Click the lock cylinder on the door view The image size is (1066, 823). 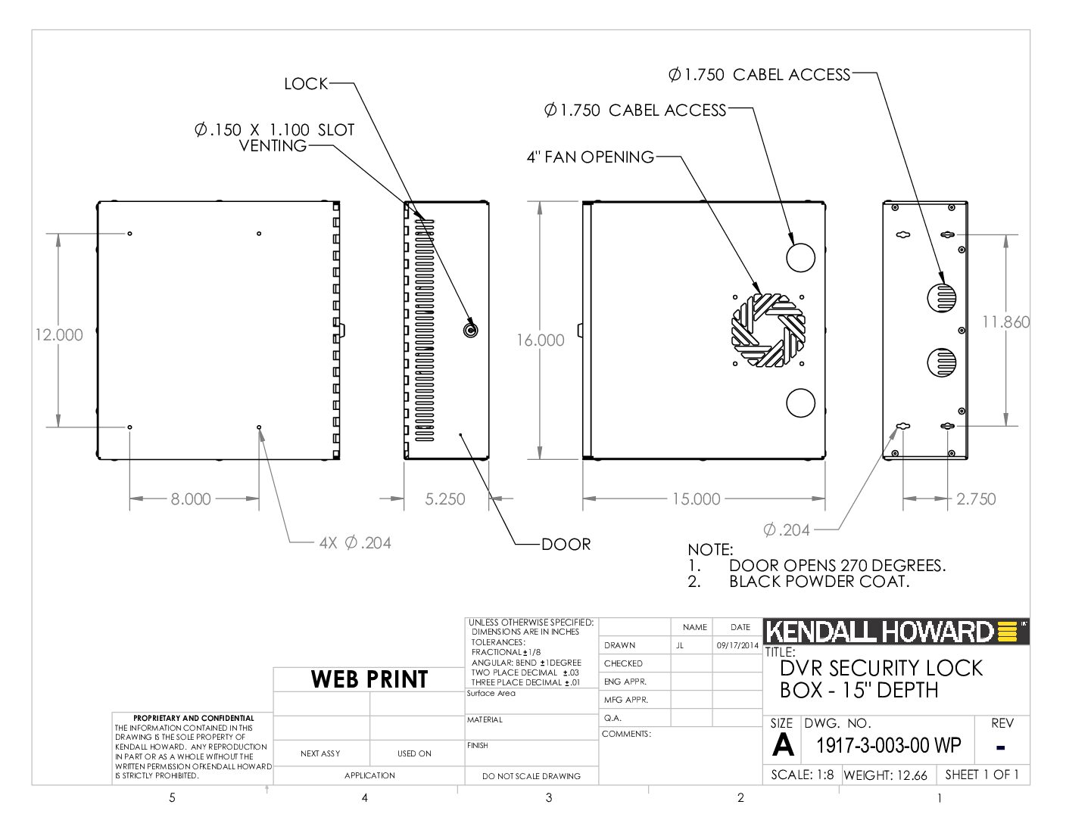coord(470,331)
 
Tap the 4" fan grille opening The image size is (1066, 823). coord(768,330)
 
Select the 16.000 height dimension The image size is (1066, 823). coord(540,340)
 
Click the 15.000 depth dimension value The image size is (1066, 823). coord(696,499)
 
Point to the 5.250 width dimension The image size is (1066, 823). coord(445,499)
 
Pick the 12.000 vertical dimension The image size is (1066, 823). coord(59,335)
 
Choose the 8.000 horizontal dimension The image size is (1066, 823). coord(191,499)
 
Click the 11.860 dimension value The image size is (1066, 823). coord(1005,322)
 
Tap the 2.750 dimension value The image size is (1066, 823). coord(976,499)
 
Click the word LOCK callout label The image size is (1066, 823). coord(306,84)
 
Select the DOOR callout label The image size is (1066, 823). coord(566,544)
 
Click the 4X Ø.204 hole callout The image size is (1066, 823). coord(355,542)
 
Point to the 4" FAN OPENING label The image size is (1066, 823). coord(590,157)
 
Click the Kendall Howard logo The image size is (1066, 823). coord(896,632)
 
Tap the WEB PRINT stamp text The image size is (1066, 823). coord(369,679)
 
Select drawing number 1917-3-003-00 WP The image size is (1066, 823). coord(888,746)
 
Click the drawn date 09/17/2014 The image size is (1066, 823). coord(737,645)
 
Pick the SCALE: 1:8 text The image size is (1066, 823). coord(802,775)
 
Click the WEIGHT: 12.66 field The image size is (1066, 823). coord(886,775)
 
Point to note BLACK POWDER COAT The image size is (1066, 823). coord(819,582)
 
